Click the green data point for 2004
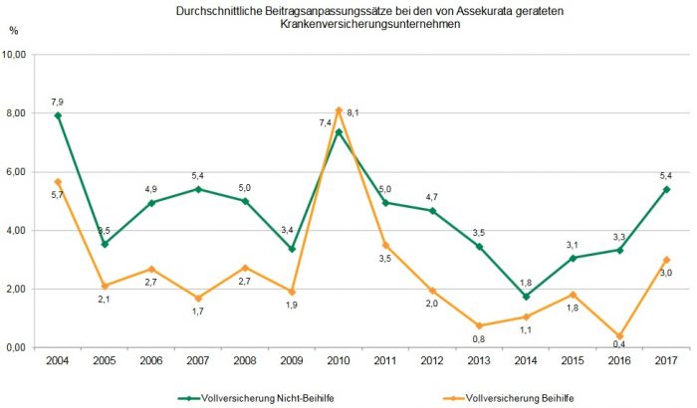tap(58, 115)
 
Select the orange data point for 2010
tap(339, 110)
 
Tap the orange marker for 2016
tap(620, 336)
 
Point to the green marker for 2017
tap(666, 189)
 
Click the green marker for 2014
tap(526, 296)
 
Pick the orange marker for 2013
tap(479, 325)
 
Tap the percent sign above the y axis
tap(13, 31)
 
